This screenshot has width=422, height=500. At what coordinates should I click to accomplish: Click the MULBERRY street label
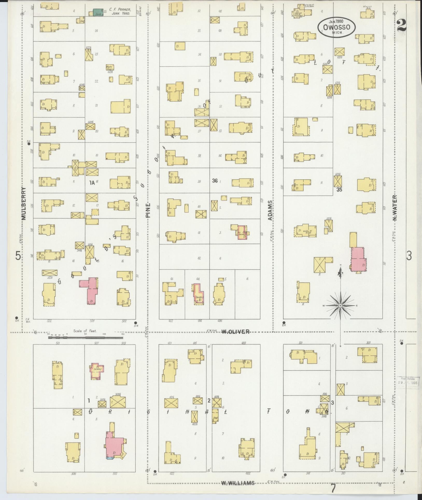pos(24,203)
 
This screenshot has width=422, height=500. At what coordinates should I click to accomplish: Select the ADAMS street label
pos(270,210)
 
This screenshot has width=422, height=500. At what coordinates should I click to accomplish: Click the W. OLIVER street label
pos(235,332)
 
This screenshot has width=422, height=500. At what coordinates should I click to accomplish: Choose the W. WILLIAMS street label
pos(238,483)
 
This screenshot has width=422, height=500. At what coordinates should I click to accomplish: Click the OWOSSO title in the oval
pos(337,27)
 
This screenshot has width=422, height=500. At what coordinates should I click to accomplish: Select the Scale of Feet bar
pos(86,337)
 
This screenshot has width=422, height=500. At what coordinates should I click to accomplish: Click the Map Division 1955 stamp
pos(407,390)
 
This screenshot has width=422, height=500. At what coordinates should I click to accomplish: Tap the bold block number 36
pos(215,181)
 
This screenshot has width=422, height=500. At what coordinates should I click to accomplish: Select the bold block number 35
pos(339,190)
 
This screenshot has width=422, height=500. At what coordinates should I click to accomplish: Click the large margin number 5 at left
pos(18,256)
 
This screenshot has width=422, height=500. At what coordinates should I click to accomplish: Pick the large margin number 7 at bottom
pos(333,488)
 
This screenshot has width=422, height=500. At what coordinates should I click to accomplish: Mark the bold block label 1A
pos(92,182)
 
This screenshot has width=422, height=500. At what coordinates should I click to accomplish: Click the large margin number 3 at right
pos(409,256)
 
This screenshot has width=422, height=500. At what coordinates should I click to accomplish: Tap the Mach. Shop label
pos(110,67)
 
